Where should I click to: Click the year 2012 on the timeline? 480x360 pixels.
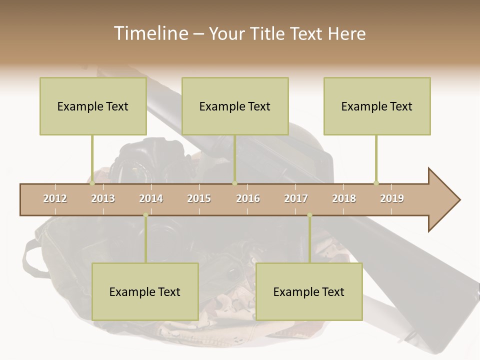click(55, 198)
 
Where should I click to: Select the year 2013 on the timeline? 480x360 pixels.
click(103, 198)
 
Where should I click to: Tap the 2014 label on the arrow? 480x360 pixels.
click(151, 198)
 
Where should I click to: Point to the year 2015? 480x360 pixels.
click(199, 198)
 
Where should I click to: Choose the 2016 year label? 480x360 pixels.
click(248, 198)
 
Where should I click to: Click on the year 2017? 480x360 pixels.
click(296, 198)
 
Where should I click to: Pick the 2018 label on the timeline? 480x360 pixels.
click(344, 198)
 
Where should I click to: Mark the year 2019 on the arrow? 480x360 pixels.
click(392, 198)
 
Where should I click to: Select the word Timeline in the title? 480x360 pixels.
click(150, 33)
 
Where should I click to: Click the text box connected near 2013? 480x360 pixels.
click(93, 106)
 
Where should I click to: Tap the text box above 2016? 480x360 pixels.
click(235, 106)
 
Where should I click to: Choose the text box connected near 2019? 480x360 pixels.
click(377, 106)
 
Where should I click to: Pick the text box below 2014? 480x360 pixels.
click(145, 291)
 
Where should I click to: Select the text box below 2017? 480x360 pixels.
click(309, 291)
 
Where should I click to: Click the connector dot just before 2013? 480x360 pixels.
click(92, 183)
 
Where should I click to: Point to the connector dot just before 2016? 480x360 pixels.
click(234, 183)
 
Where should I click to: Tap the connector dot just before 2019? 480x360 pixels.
click(376, 183)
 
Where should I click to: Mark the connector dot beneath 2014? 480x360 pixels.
click(145, 215)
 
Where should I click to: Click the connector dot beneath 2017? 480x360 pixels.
click(309, 215)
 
